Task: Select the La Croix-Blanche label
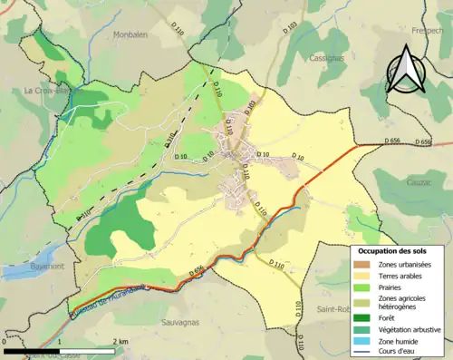click(51, 91)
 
